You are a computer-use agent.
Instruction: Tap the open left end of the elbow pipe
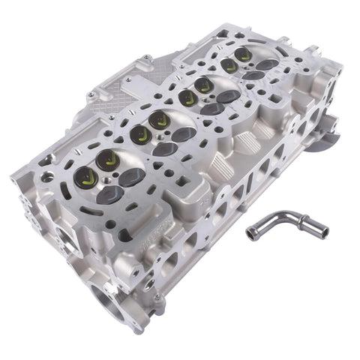(x=250, y=235)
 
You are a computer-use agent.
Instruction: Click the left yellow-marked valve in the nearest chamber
(x=85, y=177)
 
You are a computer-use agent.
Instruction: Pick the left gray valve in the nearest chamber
(x=109, y=194)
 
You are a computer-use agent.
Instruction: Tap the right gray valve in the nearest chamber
(x=133, y=177)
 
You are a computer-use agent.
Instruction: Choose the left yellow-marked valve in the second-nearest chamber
(x=139, y=135)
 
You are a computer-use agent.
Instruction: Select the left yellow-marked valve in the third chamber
(x=187, y=97)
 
